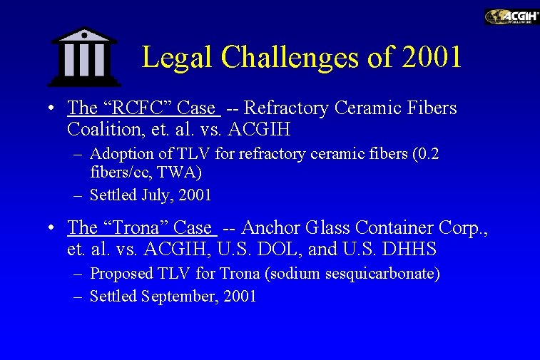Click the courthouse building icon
84,57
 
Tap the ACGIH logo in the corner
511,16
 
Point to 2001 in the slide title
432,56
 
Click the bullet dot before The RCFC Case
52,109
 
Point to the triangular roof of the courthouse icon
84,34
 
